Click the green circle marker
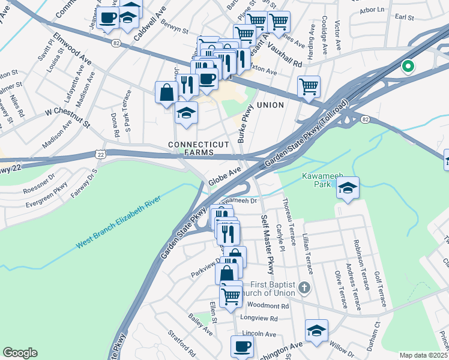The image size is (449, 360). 408,67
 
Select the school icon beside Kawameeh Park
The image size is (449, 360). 348,188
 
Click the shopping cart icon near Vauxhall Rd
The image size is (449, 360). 309,88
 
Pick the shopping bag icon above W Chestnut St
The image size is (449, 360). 166,93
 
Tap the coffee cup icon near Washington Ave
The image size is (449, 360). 242,347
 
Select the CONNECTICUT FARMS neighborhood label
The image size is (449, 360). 199,149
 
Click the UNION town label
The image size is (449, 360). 270,105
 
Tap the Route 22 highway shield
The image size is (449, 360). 100,155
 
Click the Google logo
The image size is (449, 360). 20,353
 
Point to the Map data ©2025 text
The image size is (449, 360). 423,355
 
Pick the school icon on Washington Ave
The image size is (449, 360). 316,332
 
